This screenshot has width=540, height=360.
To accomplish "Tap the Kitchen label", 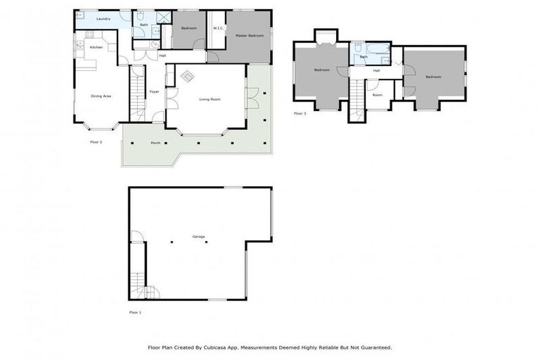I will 96,47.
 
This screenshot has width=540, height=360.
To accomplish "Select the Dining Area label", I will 101,96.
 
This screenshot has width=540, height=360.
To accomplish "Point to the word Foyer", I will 154,91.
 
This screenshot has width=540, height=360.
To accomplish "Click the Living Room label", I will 210,99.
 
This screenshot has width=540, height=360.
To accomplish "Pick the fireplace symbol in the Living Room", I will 188,75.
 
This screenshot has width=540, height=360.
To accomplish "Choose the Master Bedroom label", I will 250,34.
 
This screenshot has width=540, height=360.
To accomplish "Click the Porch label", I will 155,143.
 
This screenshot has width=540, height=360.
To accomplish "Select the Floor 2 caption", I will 96,142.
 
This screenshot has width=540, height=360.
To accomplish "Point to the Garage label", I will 199,236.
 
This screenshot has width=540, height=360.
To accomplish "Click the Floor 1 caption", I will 135,311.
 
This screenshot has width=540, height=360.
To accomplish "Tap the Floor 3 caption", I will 300,113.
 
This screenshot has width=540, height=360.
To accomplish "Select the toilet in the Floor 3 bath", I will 358,49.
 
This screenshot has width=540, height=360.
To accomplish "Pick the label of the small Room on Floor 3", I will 378,94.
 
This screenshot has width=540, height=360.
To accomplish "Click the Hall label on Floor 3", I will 376,70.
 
